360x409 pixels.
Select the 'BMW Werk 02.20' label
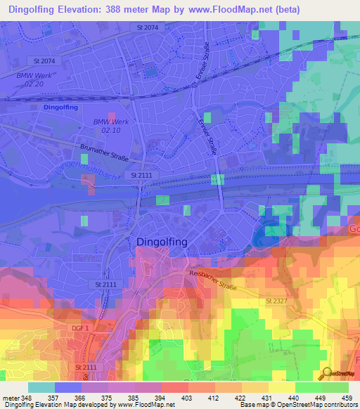[x=30, y=79]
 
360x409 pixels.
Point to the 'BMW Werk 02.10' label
[x=109, y=126]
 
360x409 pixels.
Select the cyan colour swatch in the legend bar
[x=41, y=387]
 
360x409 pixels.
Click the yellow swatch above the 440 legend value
[x=281, y=387]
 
